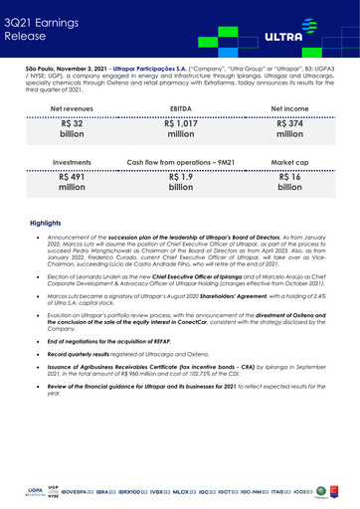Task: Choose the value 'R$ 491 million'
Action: coord(71,178)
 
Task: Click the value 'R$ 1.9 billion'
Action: coord(180,178)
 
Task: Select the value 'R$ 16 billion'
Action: coord(290,178)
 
